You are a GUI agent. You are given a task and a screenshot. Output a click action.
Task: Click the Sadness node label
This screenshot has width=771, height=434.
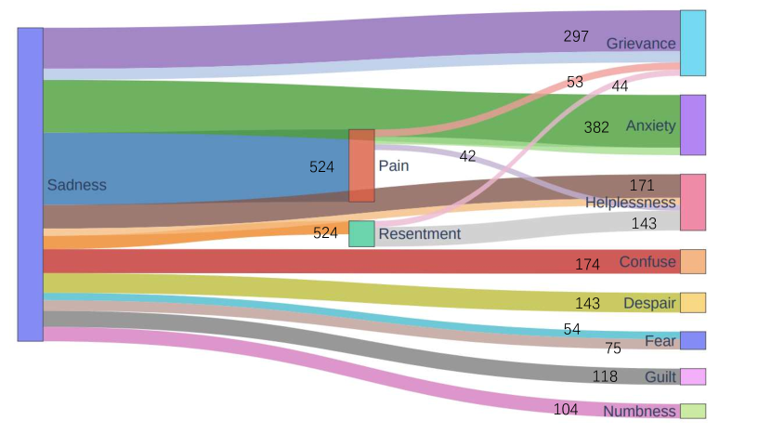76,185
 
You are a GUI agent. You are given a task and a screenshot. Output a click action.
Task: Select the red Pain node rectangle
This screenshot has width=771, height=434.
361,165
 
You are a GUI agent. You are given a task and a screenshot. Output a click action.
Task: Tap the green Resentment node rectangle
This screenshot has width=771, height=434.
361,233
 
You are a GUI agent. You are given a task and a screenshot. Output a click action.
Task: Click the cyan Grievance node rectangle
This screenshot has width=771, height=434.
693,43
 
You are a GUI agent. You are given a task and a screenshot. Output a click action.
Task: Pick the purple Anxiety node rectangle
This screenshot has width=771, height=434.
693,125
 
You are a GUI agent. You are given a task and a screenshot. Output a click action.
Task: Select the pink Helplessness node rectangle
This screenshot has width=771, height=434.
693,202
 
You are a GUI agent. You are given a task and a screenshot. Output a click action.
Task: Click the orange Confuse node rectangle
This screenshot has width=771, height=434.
693,261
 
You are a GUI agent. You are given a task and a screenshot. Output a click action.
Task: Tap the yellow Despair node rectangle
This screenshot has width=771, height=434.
693,303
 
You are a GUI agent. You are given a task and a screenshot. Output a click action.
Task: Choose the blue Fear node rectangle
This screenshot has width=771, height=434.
693,340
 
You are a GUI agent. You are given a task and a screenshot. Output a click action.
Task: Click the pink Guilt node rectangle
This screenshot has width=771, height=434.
693,376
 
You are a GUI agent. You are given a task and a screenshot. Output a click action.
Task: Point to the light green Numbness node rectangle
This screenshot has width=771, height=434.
693,411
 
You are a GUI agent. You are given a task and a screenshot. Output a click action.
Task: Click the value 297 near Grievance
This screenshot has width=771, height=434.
576,36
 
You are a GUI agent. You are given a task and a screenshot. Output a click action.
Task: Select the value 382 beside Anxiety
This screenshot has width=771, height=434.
596,127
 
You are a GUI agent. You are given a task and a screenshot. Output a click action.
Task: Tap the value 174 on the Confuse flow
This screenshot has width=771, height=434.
587,265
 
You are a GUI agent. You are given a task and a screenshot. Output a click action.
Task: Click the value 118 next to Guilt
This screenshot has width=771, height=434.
606,376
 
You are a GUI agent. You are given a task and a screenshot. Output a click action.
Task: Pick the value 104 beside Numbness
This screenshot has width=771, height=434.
566,410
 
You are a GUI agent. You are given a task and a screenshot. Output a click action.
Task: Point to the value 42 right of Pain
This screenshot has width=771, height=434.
467,156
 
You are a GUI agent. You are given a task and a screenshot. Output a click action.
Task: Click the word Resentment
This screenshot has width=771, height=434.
419,234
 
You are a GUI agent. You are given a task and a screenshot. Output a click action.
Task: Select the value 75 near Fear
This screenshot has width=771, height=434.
613,349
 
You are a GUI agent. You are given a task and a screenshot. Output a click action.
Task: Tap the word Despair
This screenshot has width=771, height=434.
649,304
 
